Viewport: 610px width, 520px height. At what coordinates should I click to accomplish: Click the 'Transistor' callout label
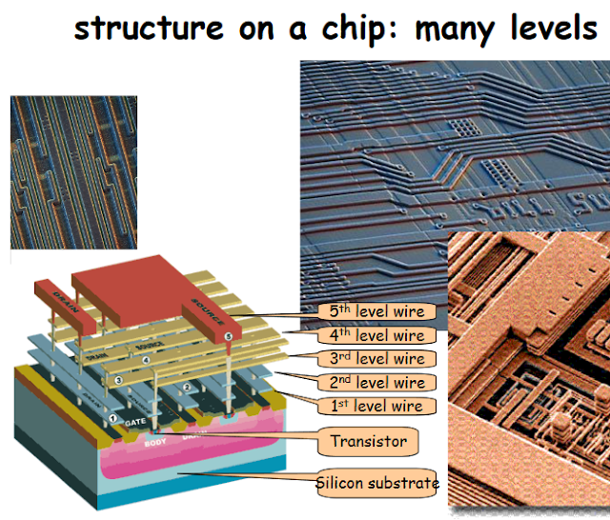368,441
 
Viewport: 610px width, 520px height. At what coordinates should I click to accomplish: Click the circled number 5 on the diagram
227,337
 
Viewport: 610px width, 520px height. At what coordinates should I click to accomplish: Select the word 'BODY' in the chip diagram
154,444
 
